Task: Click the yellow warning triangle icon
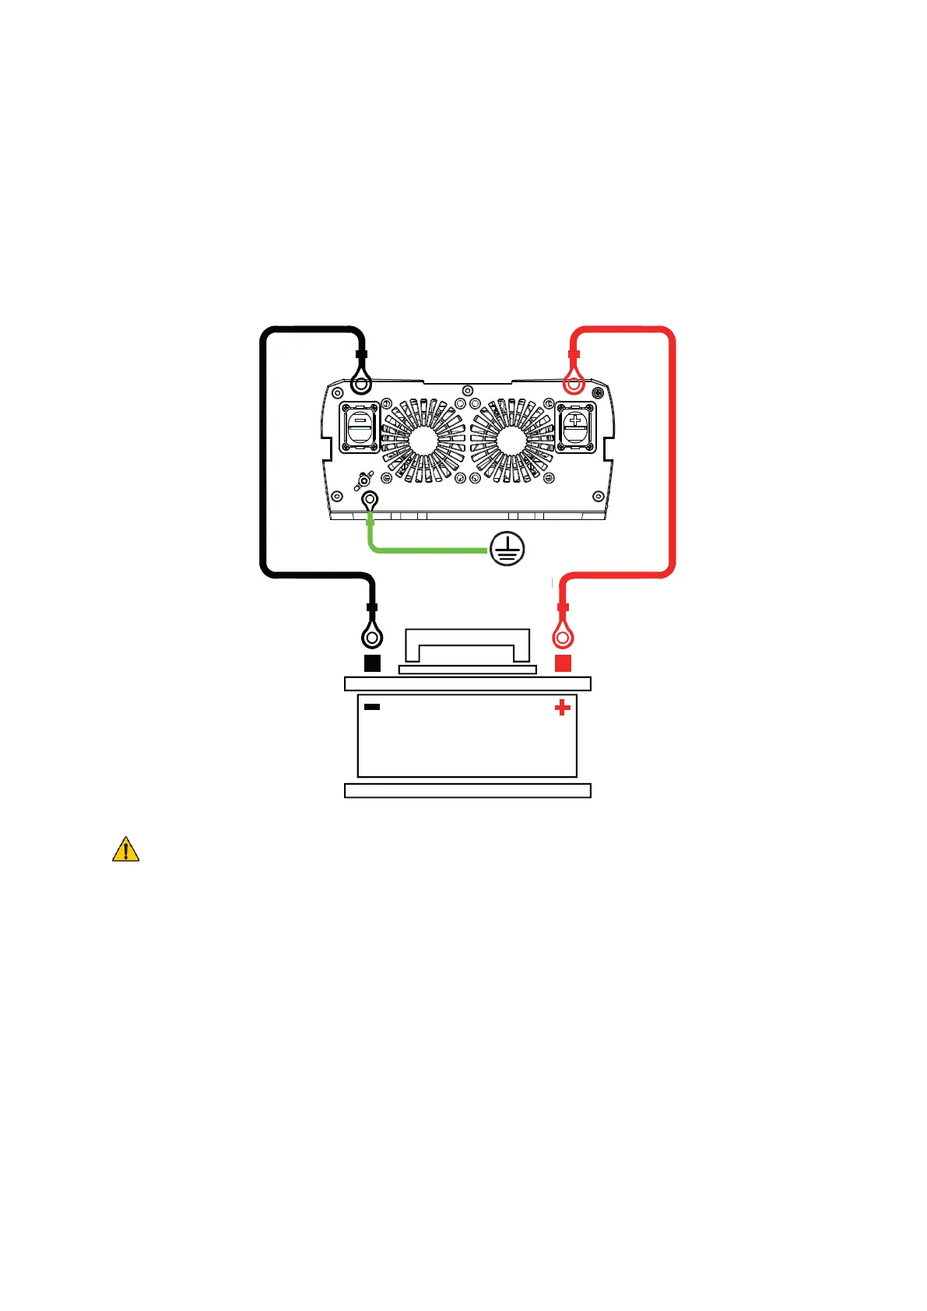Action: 125,849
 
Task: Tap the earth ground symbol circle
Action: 507,550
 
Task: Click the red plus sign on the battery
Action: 562,708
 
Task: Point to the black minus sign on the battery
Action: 372,707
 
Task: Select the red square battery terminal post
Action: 563,663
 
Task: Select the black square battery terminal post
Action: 373,663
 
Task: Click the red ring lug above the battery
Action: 563,638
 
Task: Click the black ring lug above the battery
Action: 372,638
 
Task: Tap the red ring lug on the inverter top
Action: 574,383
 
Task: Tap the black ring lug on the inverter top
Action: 360,383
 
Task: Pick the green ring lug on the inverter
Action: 370,500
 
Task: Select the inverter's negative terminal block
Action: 360,427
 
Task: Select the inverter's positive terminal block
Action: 576,427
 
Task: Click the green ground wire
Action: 428,550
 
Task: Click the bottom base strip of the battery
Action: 467,791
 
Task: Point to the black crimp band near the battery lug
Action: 372,607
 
